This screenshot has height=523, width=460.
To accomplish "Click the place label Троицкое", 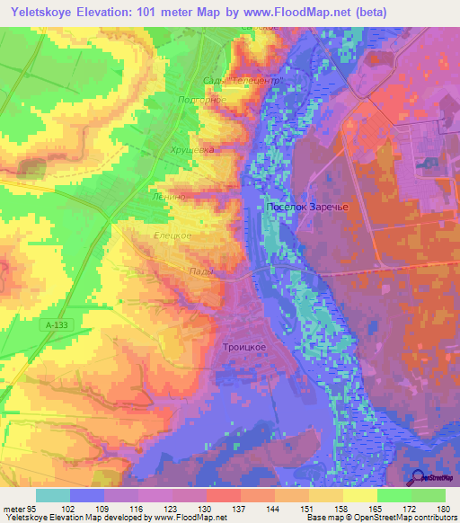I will [243, 346].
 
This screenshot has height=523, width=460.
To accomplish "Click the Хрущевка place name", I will [192, 151].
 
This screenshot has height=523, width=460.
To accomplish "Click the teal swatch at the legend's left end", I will [53, 495].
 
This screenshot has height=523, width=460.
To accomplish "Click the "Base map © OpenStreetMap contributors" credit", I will [380, 518].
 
